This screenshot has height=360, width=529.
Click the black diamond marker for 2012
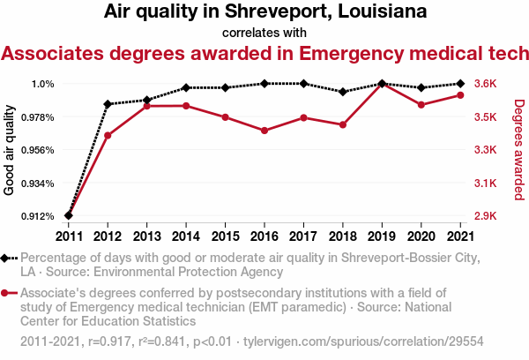pyautogui.click(x=108, y=104)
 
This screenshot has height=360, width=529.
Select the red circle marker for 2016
pyautogui.click(x=264, y=131)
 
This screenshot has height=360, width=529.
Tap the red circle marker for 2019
pyautogui.click(x=381, y=84)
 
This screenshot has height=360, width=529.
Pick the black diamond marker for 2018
pyautogui.click(x=342, y=92)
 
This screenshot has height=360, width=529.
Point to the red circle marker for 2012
pyautogui.click(x=108, y=136)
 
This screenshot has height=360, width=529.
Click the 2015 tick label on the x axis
pyautogui.click(x=225, y=236)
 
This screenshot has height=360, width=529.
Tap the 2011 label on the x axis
pyautogui.click(x=69, y=236)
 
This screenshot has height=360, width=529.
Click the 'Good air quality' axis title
pyautogui.click(x=10, y=150)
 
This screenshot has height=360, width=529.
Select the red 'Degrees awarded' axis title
pyautogui.click(x=518, y=150)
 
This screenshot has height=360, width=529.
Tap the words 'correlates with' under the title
pyautogui.click(x=264, y=33)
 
